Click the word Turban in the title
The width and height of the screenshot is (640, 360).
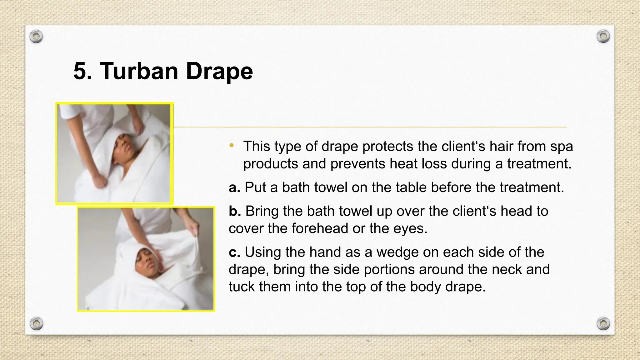pyautogui.click(x=139, y=71)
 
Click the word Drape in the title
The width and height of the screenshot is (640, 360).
pyautogui.click(x=219, y=71)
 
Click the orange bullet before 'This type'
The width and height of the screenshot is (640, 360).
pyautogui.click(x=231, y=145)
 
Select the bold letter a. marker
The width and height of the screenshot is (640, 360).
pyautogui.click(x=234, y=187)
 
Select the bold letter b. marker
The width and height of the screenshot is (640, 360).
pyautogui.click(x=235, y=211)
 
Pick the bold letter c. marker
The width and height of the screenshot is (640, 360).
pyautogui.click(x=234, y=252)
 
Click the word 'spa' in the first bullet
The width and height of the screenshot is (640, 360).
pyautogui.click(x=562, y=146)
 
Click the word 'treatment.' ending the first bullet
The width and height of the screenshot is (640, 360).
pyautogui.click(x=539, y=164)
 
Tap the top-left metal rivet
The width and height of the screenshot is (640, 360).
pyautogui.click(x=36, y=37)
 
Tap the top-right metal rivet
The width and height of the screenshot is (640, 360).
pyautogui.click(x=603, y=36)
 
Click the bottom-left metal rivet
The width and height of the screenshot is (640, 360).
pyautogui.click(x=36, y=323)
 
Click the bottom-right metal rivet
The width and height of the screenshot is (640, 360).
pyautogui.click(x=603, y=323)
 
